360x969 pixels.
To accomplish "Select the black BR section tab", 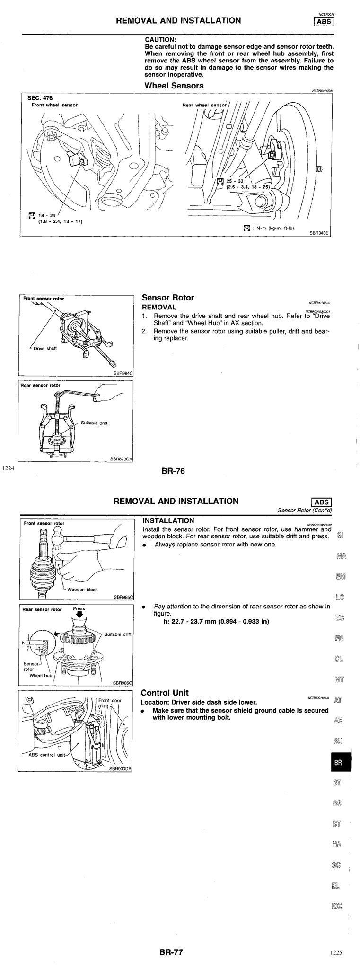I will [x=338, y=763].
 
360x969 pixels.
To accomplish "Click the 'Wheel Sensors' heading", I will [x=174, y=86].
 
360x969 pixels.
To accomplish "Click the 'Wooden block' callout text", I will [x=82, y=590].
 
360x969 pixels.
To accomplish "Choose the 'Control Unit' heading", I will [x=164, y=693].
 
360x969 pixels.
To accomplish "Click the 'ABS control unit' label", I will [x=46, y=755].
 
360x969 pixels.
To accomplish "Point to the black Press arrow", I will [x=79, y=616].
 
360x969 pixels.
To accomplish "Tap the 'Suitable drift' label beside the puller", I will [x=94, y=423].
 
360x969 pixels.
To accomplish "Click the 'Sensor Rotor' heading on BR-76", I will [x=168, y=298].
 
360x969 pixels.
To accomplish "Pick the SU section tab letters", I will [x=338, y=741].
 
